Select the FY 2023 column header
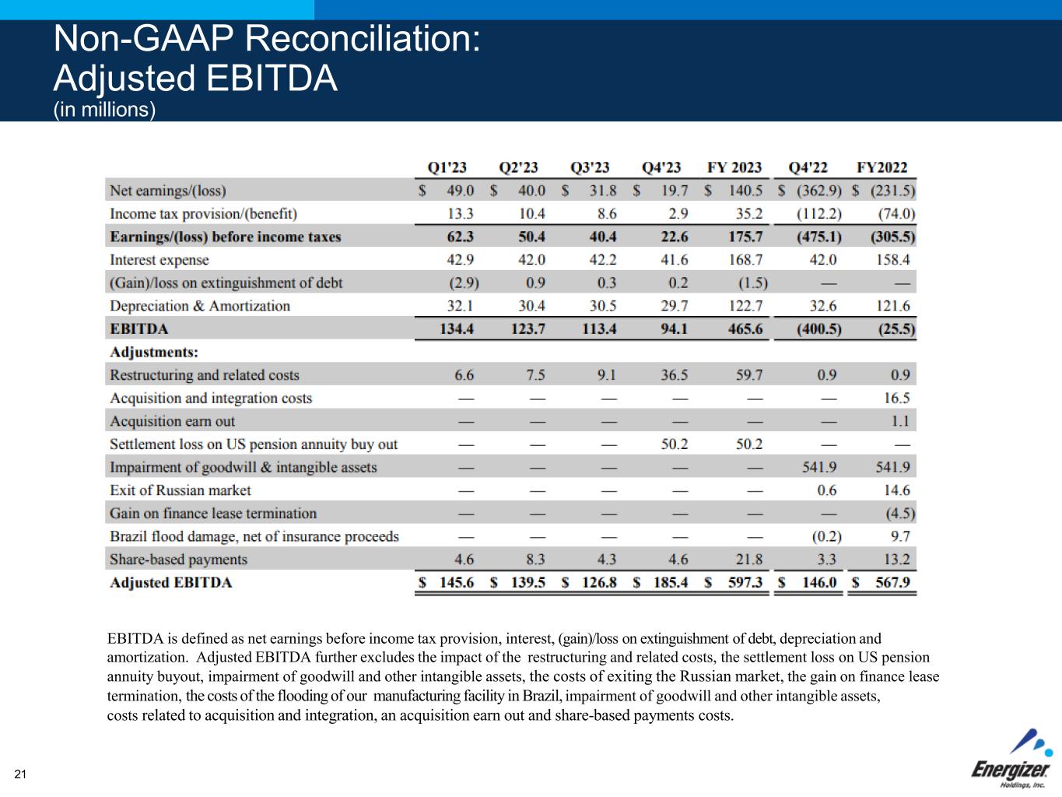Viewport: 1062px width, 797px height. [x=734, y=167]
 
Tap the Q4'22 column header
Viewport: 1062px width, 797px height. [x=808, y=167]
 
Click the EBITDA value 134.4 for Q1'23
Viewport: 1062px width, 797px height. [x=456, y=328]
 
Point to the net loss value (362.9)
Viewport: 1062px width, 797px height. [x=815, y=191]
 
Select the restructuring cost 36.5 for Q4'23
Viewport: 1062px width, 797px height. [x=674, y=375]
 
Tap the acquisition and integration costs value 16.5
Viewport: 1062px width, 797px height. [x=896, y=398]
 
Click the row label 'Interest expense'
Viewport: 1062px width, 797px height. [x=159, y=260]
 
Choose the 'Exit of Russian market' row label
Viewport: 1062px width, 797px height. [x=181, y=490]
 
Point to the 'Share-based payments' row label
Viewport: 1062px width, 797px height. [x=178, y=560]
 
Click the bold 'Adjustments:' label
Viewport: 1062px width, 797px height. [x=154, y=352]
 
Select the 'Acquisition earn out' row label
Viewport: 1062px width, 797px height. [x=172, y=421]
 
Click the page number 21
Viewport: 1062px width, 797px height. [x=20, y=774]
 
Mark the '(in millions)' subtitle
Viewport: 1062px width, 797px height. [x=104, y=110]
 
